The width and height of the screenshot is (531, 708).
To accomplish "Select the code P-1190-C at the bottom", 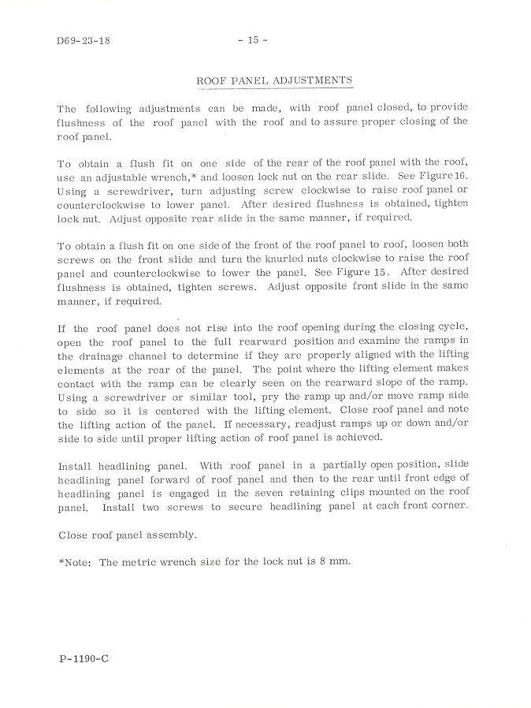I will (x=83, y=658).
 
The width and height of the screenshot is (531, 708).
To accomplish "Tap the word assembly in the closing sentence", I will (x=168, y=535).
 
